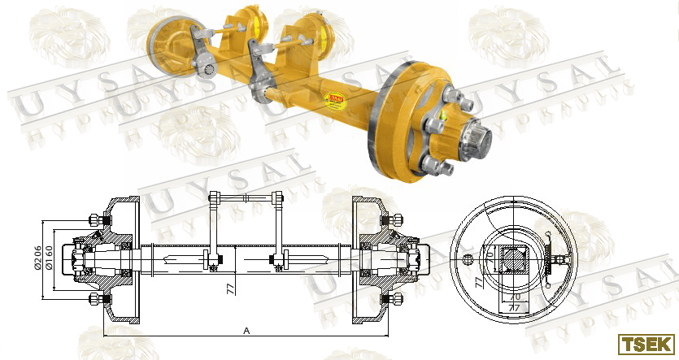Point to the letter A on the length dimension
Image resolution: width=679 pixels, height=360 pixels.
246,331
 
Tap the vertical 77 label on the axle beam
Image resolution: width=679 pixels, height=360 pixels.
230,287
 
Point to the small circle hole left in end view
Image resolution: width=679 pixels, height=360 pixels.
468,259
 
